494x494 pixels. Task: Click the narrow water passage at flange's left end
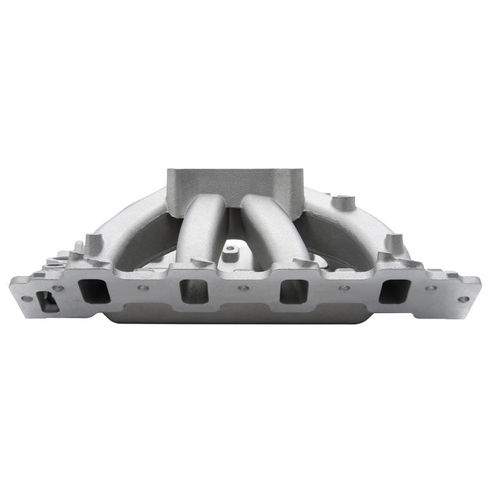coord(45,301)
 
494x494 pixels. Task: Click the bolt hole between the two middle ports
coord(241,288)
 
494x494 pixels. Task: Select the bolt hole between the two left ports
coord(143,288)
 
